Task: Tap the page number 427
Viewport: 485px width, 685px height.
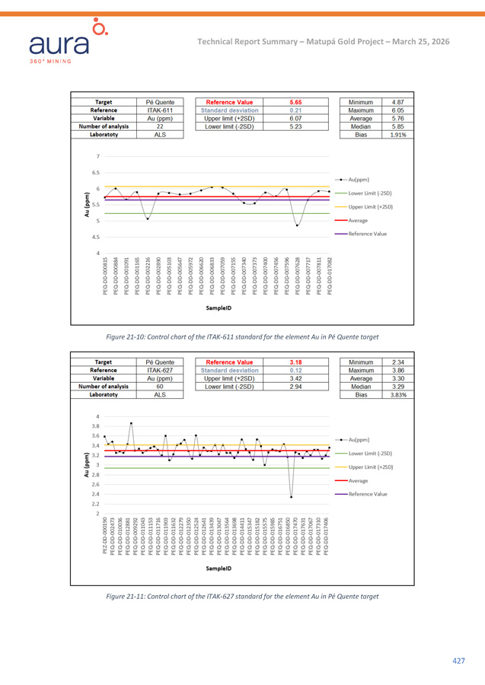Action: coord(458,661)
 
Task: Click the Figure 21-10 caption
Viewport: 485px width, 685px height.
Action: coord(242,336)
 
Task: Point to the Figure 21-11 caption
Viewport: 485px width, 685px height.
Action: coord(242,596)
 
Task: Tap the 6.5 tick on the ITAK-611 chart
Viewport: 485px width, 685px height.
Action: coord(95,173)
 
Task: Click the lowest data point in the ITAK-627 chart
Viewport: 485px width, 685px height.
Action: coord(291,497)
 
